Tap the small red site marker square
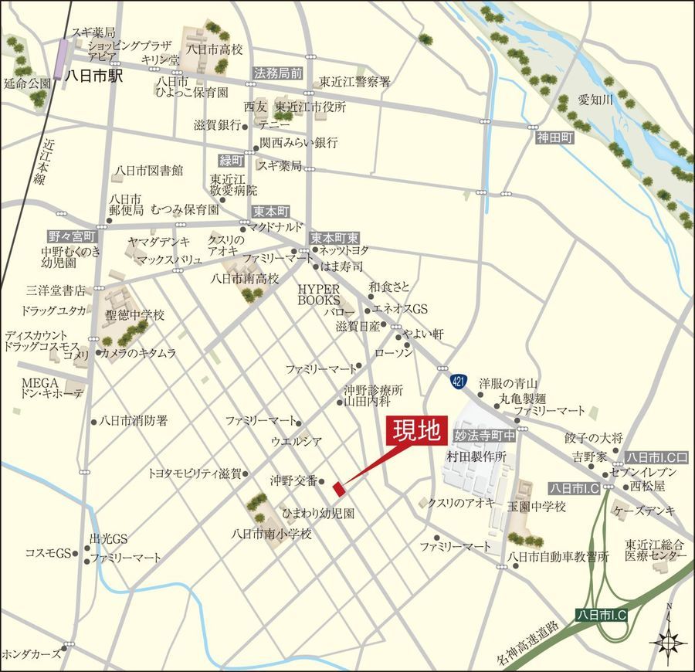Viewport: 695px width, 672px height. pos(337,487)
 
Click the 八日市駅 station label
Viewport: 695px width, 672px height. pos(93,76)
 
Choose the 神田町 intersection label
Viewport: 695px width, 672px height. pos(557,137)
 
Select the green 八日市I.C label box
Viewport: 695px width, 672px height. pos(603,614)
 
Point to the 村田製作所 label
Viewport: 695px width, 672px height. pos(476,457)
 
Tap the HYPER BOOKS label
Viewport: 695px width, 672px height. pos(320,294)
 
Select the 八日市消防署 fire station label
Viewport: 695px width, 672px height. pos(134,421)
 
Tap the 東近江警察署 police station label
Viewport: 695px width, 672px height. pos(355,81)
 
